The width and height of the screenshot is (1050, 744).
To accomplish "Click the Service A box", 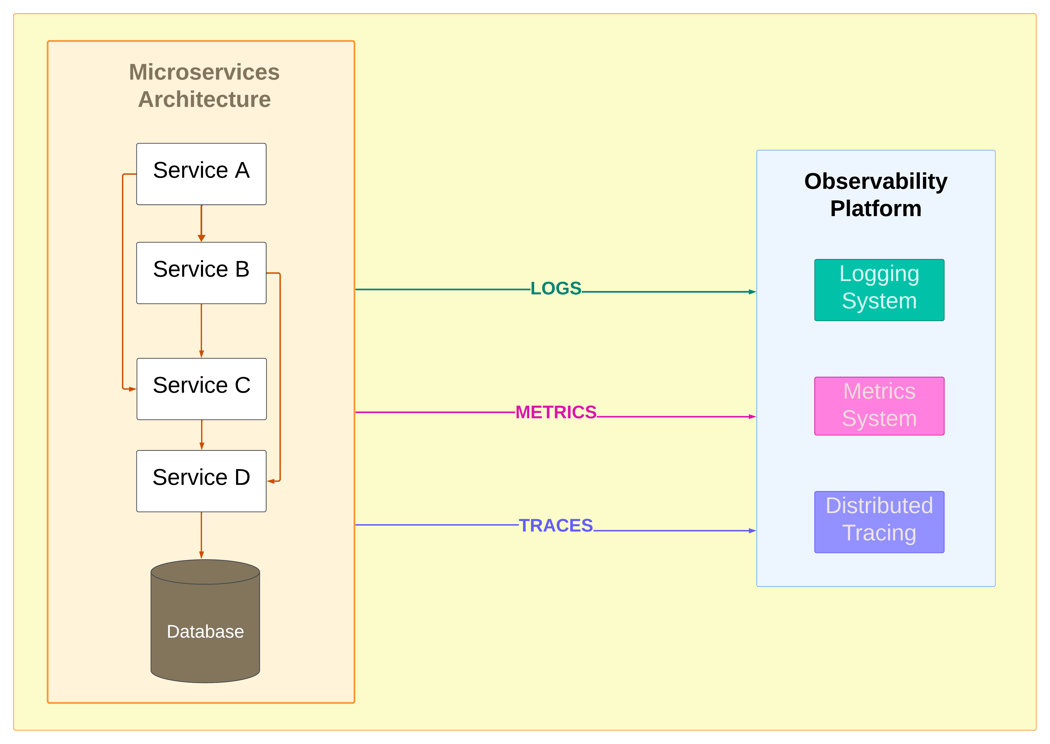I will (x=201, y=174).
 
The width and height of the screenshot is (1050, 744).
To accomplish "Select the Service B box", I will (x=201, y=273).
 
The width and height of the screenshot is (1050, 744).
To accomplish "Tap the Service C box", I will (x=201, y=389).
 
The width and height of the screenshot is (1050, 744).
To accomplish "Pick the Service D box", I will (x=201, y=481).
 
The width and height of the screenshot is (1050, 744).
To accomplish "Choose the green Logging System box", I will (x=879, y=290).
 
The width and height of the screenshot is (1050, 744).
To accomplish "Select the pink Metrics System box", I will (x=879, y=406).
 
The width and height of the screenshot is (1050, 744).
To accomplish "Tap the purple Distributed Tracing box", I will (x=879, y=522).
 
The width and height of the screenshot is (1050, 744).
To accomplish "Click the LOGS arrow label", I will (x=556, y=289).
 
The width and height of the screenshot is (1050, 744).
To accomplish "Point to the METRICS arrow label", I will (x=556, y=412).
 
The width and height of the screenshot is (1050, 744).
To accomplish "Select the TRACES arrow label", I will (x=556, y=525).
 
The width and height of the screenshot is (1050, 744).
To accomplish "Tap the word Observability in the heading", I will (x=876, y=181).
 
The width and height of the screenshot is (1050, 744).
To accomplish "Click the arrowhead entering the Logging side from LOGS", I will (x=752, y=292).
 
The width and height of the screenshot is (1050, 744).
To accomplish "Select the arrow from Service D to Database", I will (x=201, y=535).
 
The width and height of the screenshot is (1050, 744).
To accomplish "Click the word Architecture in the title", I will (x=204, y=99).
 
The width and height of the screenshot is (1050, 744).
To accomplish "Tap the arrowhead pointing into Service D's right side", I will (x=271, y=481).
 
